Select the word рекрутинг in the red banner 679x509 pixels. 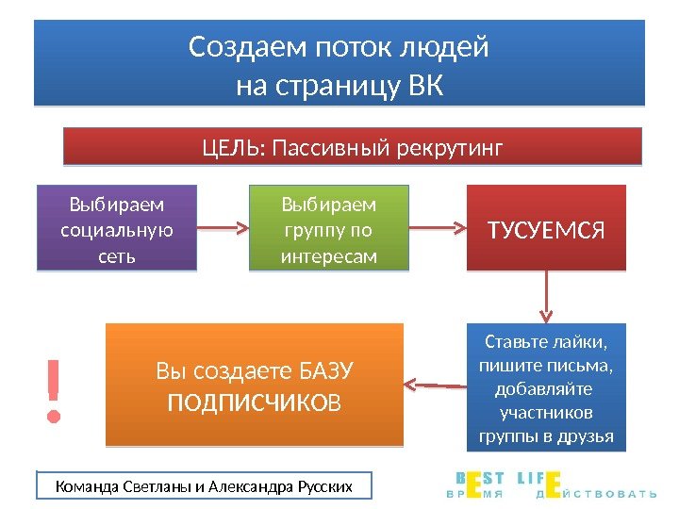pos(455,148)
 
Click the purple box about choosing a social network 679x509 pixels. pos(116,229)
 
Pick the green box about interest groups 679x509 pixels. pos(328,229)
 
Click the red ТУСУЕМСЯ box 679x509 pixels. pos(546,228)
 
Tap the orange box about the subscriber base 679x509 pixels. pos(254,385)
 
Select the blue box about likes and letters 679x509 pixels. pos(546,387)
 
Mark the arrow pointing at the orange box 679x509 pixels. pos(436,384)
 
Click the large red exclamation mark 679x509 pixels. pos(56,388)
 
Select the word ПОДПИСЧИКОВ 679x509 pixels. pos(254,403)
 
